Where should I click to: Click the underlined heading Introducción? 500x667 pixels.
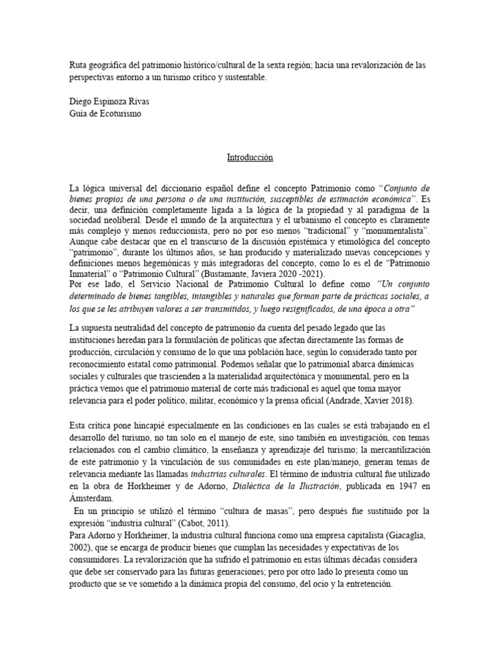249,158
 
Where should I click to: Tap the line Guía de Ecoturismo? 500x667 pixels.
105,113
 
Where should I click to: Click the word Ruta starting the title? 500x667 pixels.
78,66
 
